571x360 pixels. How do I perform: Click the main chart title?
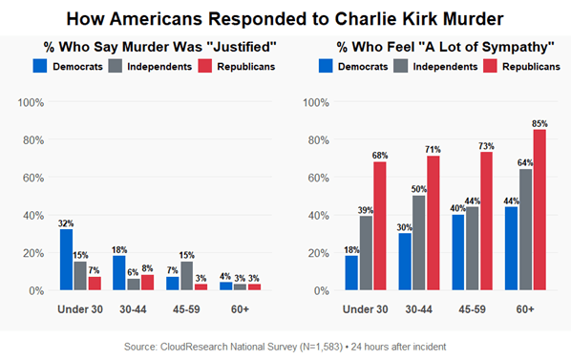pos(285,18)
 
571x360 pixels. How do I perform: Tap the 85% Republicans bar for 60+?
pos(540,210)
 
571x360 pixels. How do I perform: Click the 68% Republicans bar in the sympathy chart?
pos(380,226)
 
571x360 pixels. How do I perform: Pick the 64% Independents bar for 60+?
pos(526,230)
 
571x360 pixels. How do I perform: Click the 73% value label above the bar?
pos(486,145)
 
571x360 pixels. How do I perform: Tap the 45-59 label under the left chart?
pos(186,309)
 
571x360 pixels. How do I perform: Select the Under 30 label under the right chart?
pos(366,309)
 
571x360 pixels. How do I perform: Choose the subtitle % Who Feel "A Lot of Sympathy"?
pos(434,46)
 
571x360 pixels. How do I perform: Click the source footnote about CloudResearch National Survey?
pos(285,345)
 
